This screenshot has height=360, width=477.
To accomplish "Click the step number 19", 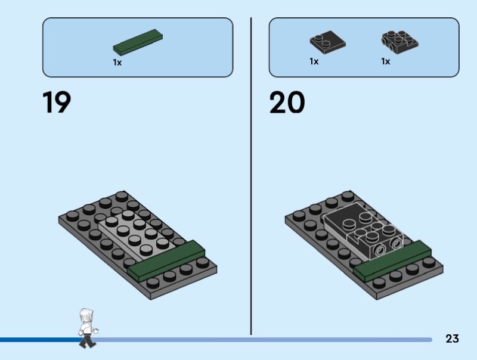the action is tap(57, 103).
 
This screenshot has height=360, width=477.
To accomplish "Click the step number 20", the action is tap(287, 103).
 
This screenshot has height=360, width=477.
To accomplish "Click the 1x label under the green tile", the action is tap(117, 62).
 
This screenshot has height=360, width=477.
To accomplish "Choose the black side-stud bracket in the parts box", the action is tap(399, 42).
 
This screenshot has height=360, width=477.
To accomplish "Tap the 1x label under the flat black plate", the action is tap(314, 61).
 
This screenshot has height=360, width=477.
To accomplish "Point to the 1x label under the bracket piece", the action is tap(386, 61).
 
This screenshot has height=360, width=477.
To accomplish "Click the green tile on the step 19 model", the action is tap(167, 261).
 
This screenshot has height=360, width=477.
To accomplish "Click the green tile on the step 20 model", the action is tap(393, 260).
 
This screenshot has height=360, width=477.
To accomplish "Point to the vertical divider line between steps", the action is tap(251, 179).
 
